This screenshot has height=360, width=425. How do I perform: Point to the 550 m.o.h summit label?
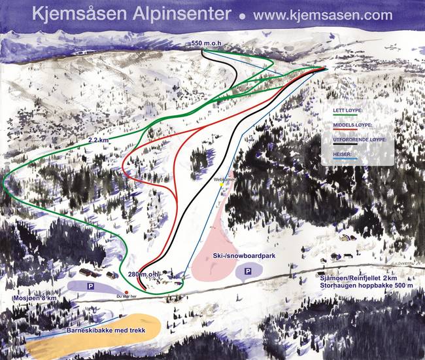[x=209, y=43]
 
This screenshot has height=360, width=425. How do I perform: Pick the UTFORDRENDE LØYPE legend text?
[x=360, y=139]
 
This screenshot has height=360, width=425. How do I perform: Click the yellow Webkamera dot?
[x=222, y=185]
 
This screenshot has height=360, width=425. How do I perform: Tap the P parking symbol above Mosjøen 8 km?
[x=91, y=286]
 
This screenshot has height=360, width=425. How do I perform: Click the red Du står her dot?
[x=126, y=291]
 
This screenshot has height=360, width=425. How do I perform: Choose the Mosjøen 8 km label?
[x=30, y=298]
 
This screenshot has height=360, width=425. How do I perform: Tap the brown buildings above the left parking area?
[x=88, y=271]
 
